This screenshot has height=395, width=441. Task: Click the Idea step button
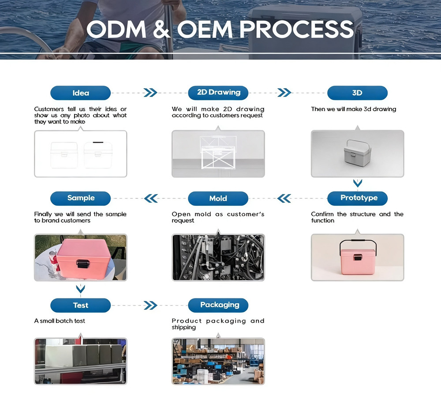(80, 93)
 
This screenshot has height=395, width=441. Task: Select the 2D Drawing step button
(218, 93)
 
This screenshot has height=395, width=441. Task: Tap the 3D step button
(358, 93)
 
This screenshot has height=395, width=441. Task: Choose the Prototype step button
(358, 198)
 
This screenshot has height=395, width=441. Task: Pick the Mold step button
(218, 198)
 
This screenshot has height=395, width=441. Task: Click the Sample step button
(80, 198)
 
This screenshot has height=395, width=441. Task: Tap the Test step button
(80, 306)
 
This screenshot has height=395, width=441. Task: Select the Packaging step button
(218, 306)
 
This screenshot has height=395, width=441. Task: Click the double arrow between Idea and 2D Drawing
(150, 93)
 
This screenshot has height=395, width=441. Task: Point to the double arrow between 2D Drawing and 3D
(284, 93)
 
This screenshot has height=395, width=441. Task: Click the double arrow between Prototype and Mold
(284, 198)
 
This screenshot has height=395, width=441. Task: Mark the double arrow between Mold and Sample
(151, 198)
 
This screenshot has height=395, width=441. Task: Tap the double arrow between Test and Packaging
(150, 306)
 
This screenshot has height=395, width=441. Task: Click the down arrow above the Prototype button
(358, 184)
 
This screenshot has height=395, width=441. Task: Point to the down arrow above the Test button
(80, 289)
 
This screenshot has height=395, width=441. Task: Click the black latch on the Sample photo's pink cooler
(83, 264)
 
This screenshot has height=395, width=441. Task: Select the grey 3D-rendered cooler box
(357, 153)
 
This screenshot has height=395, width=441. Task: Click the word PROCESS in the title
(296, 29)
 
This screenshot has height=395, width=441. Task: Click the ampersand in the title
(162, 29)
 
